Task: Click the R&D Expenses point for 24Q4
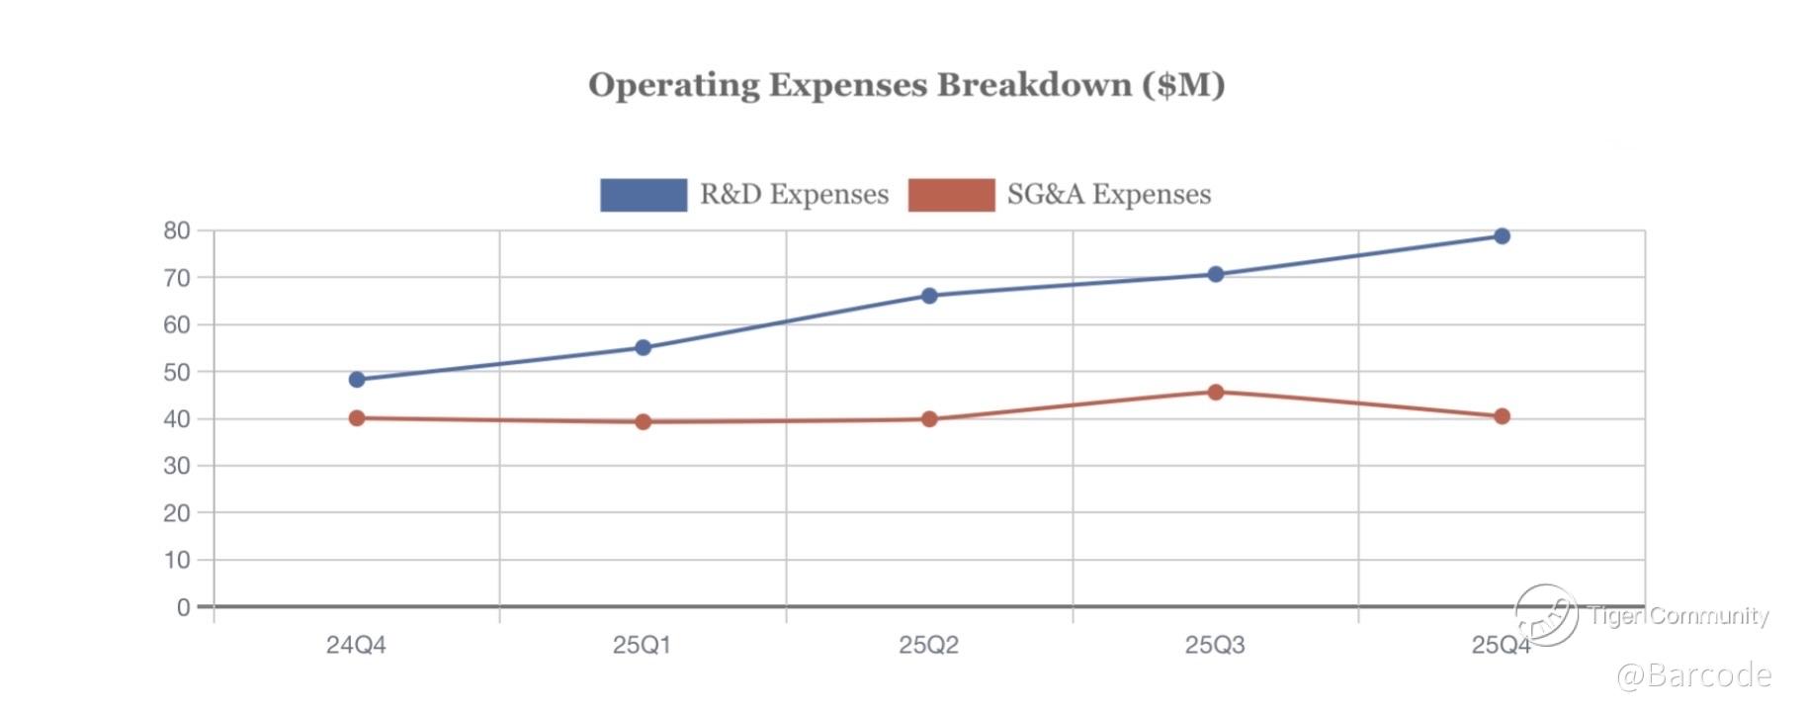point(357,380)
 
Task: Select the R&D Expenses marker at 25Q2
point(929,296)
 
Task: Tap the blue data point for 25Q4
point(1502,236)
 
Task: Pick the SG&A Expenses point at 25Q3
point(1216,393)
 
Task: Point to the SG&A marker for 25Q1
point(644,422)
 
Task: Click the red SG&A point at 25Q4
point(1502,416)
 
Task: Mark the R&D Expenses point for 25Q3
point(1216,274)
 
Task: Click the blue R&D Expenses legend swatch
point(644,195)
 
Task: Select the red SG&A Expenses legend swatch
point(951,195)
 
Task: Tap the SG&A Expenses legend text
point(1108,195)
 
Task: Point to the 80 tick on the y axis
point(177,231)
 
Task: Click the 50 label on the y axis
point(177,373)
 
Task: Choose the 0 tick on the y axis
point(184,607)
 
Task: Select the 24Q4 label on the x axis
point(356,646)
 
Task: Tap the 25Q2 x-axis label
point(928,646)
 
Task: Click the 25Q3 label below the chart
point(1215,646)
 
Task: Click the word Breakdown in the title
point(1034,85)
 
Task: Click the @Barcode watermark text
point(1693,675)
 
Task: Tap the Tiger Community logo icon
point(1546,614)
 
